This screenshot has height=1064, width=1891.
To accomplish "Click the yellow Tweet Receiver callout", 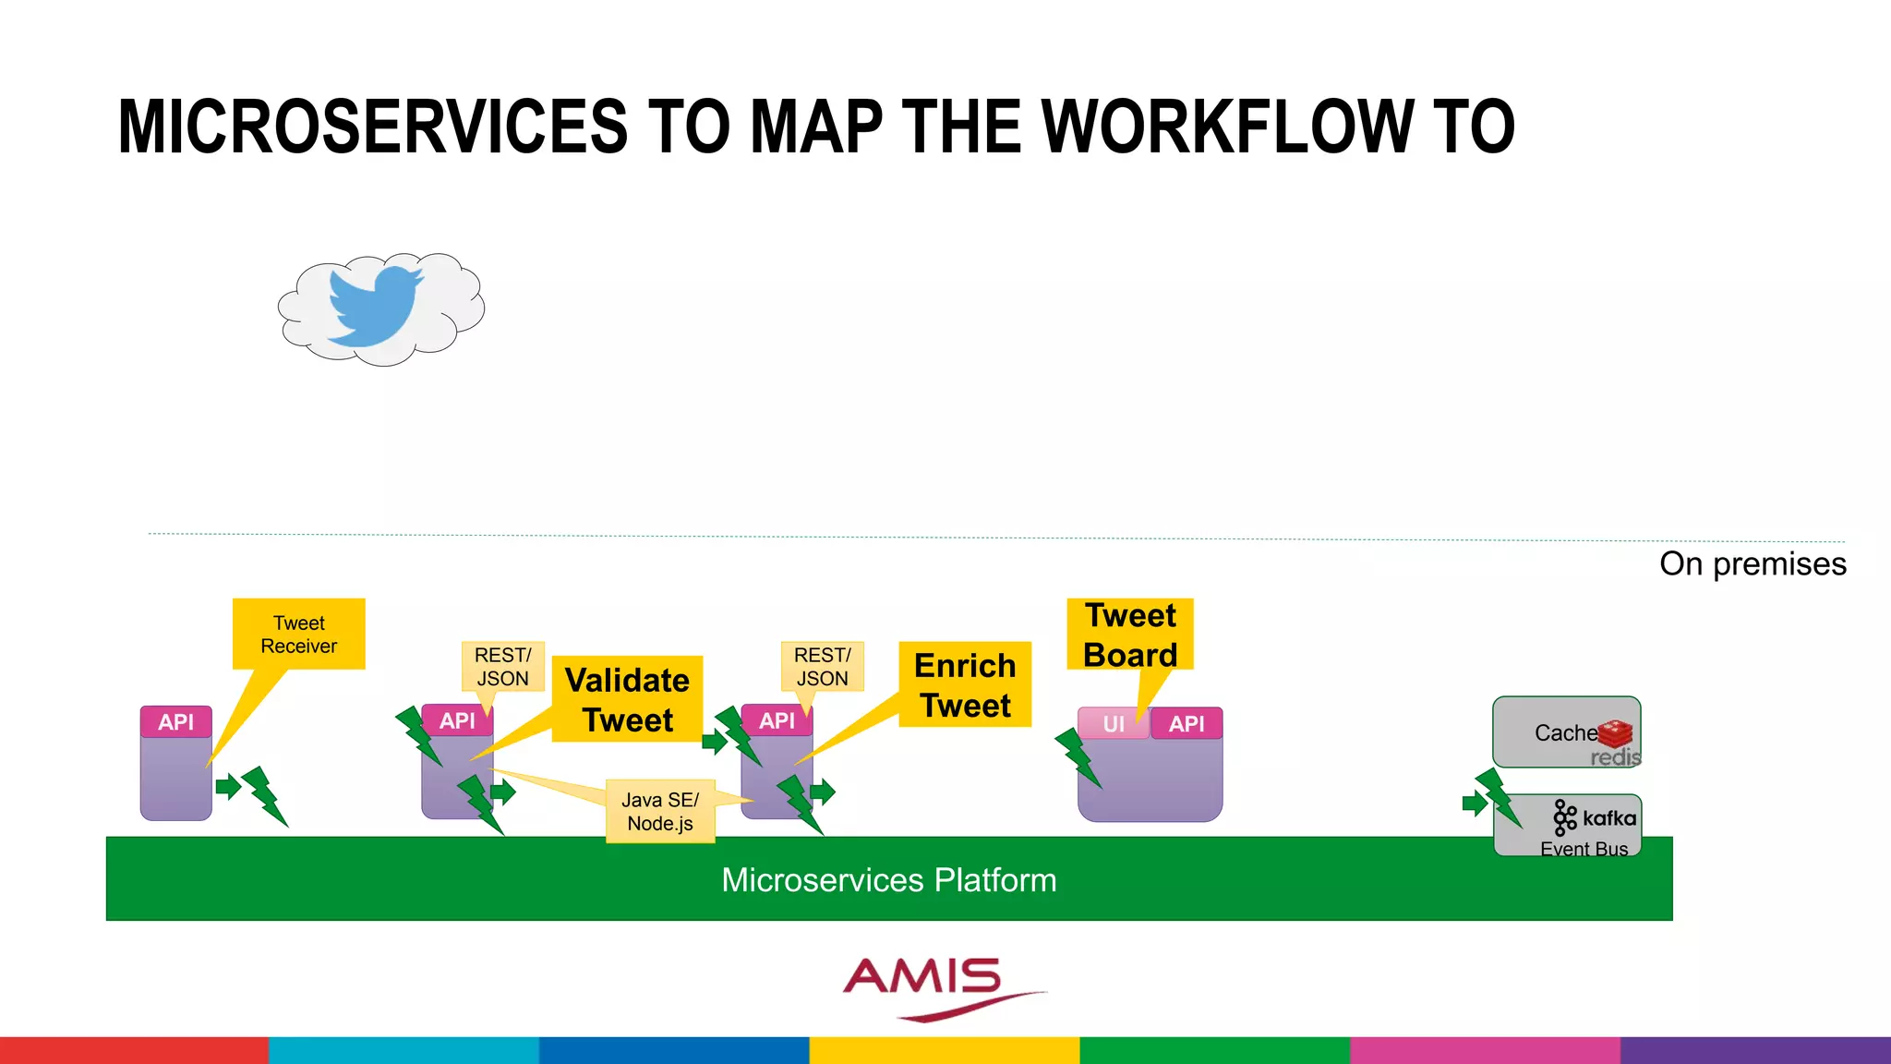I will pos(298,634).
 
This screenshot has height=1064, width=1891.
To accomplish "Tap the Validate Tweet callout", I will pos(627,699).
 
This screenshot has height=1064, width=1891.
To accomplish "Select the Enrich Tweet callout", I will pos(965,684).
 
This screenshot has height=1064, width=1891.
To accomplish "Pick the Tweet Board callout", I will pos(1130,635).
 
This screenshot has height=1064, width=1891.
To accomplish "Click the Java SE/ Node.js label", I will pos(660,811).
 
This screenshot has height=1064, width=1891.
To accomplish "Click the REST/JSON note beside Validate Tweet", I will pos(502,666).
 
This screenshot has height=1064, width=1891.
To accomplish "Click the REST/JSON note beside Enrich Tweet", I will pos(822,666).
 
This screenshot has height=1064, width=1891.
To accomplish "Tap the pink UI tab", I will pos(1114,724).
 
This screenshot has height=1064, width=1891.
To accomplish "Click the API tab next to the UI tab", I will pos(1186,724).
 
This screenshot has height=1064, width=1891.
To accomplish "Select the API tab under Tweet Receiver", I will pos(175,722).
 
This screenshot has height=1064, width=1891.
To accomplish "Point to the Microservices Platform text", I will pos(888,880).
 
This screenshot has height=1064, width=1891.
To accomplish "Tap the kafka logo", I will pos(1595,817).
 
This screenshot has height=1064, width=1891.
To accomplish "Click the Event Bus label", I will pos(1584,849).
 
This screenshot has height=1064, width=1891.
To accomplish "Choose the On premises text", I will pos(1752,563).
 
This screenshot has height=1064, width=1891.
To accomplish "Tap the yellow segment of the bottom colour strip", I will pos(945,1050).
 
